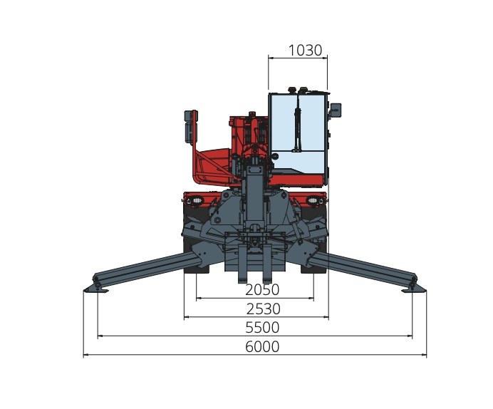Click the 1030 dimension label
pos(305,51)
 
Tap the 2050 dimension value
pos(262,290)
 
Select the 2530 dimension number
pos(263,309)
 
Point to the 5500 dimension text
pos(262,328)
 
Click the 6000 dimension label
pos(262,347)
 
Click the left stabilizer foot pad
pos(96,289)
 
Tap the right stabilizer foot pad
pos(414,289)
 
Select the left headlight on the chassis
pos(197,200)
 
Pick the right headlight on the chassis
pos(313,200)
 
